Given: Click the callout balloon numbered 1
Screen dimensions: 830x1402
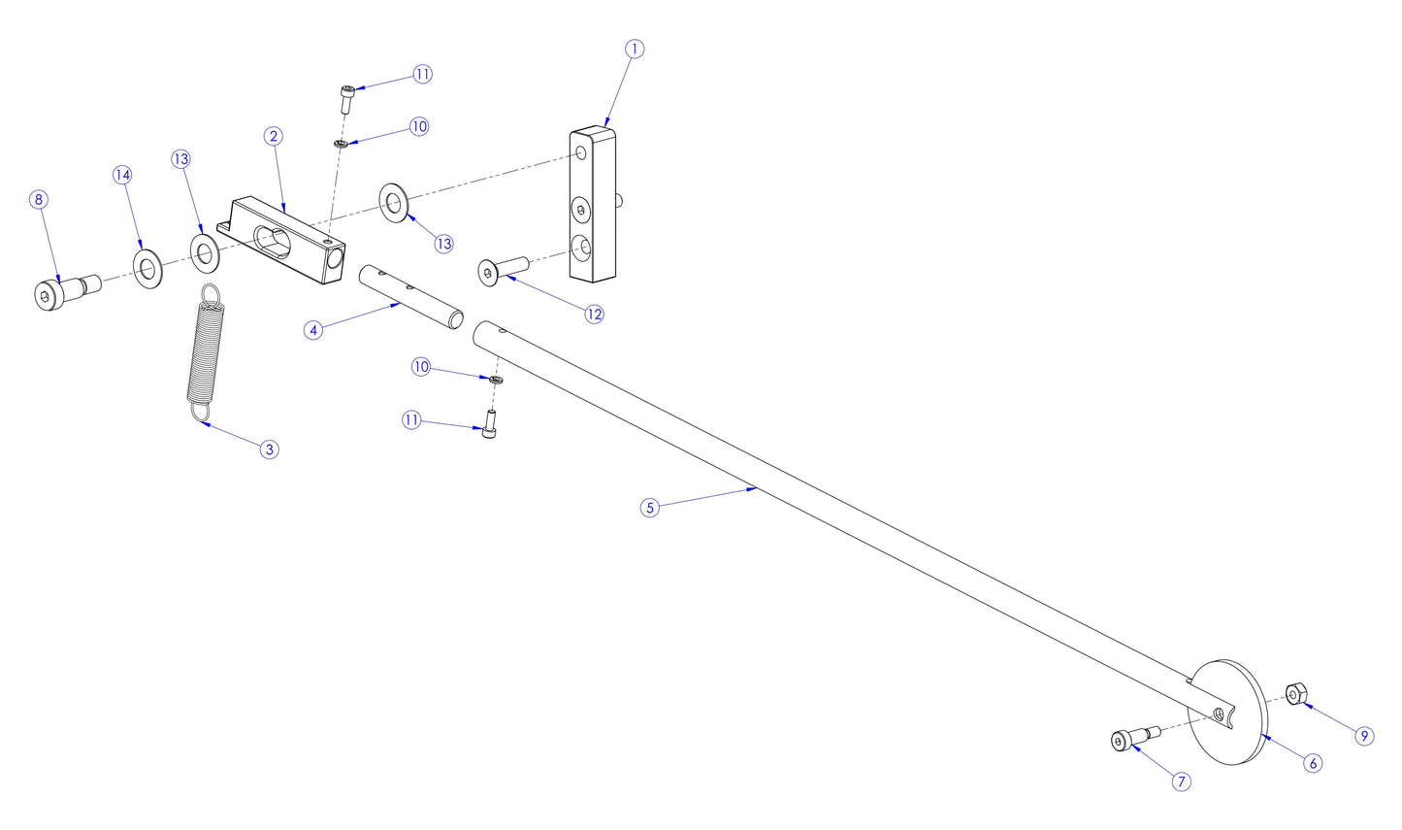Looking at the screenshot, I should [x=634, y=49].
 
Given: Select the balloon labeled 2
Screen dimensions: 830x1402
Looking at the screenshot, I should [x=274, y=136].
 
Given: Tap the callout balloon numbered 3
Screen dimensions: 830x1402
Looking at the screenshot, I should [x=270, y=449].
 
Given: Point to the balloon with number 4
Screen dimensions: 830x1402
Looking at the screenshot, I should [x=312, y=330].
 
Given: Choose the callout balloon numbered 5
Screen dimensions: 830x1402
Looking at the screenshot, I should [x=650, y=507].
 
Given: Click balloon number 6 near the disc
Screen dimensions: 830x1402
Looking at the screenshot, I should [x=1313, y=763].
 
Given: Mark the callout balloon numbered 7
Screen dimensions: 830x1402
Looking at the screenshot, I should [x=1181, y=781].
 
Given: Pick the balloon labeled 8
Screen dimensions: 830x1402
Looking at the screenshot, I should [x=39, y=200].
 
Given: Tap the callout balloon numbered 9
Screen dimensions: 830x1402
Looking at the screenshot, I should [x=1364, y=736].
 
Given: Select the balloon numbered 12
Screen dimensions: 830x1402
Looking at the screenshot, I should [x=594, y=314].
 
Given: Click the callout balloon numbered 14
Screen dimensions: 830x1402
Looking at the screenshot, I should [x=122, y=175].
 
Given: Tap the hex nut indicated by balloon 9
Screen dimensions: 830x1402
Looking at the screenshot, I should [x=1293, y=694].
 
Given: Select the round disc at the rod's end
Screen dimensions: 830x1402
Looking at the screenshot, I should [x=1230, y=714].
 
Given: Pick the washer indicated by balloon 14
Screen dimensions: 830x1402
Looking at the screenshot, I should [x=147, y=269].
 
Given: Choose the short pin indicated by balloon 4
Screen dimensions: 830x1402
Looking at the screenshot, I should [x=411, y=295].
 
